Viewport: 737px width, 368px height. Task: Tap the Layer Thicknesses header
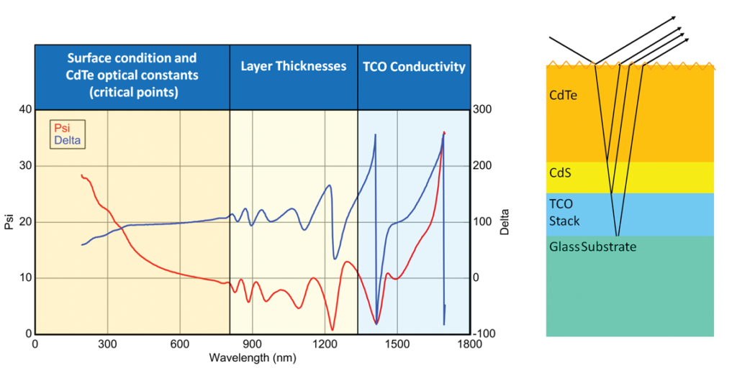click(x=293, y=67)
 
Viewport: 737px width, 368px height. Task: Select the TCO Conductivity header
click(x=414, y=67)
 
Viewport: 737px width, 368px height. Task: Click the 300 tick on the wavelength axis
click(x=108, y=344)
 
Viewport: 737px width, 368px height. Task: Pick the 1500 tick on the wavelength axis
click(x=397, y=344)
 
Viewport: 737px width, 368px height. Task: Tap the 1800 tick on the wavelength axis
click(x=469, y=344)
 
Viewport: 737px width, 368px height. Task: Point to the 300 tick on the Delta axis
click(x=484, y=109)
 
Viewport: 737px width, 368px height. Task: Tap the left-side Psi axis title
click(x=9, y=221)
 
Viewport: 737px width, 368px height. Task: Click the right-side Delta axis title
click(x=506, y=221)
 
